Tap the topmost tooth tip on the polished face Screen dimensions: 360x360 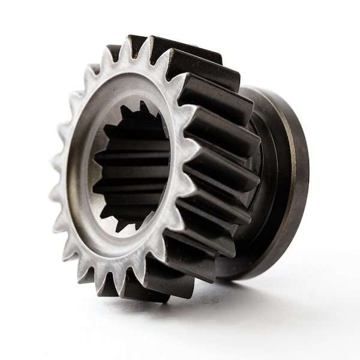tap(128, 38)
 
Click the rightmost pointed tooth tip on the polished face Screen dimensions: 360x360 tap(199, 157)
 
